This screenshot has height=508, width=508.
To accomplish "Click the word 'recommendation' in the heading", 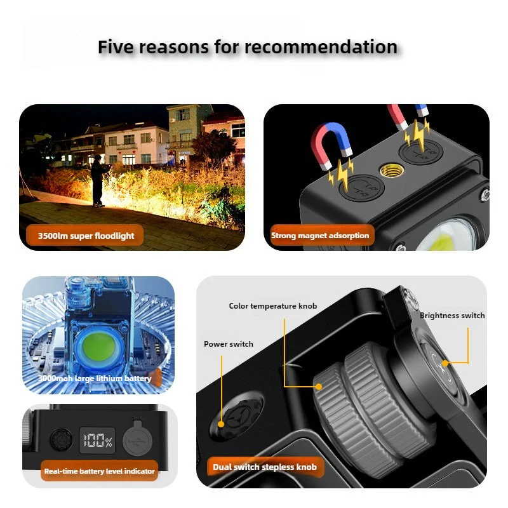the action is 321,46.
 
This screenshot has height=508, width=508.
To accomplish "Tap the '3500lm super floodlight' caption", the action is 86,236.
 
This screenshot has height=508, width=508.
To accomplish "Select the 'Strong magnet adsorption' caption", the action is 320,236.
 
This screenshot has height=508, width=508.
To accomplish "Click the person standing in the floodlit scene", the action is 97,180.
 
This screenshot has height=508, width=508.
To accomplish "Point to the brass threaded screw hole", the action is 391,170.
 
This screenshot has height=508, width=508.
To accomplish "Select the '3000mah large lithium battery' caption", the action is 95,378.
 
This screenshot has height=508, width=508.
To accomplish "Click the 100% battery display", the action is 98,440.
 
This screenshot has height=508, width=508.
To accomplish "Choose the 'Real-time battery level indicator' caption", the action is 100,471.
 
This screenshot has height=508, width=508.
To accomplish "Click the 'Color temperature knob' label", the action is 273,306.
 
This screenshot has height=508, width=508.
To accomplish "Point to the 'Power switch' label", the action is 229,344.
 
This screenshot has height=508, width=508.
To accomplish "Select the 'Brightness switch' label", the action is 452,316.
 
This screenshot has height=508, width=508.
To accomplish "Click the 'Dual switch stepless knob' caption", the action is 265,467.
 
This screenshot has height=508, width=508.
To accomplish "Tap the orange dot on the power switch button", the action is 221,424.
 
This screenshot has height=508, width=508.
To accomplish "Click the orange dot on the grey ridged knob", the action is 319,387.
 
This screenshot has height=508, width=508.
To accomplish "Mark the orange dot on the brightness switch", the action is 445,363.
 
